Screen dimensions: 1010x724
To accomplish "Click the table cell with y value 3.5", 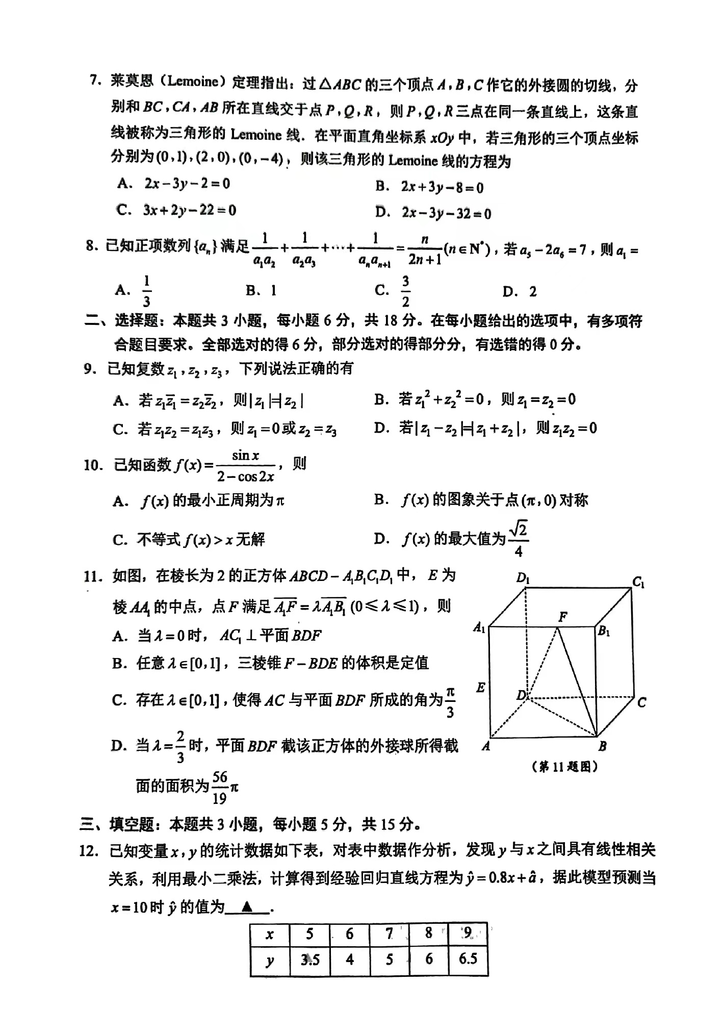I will point(310,959).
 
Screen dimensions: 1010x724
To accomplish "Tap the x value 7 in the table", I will point(389,933).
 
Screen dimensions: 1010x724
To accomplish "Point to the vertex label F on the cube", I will point(563,617).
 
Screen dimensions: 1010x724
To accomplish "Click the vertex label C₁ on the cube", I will point(638,582).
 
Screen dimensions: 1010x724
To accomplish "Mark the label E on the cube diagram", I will point(480,688).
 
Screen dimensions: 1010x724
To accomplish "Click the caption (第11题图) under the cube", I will point(564,766).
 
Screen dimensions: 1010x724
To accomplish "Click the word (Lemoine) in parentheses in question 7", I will point(192,81).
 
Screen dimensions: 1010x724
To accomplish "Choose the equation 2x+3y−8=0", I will point(442,188).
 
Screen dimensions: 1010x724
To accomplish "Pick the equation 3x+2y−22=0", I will point(190,210).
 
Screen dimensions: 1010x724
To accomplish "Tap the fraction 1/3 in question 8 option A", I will point(147,291).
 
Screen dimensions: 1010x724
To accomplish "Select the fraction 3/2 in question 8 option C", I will point(405,291).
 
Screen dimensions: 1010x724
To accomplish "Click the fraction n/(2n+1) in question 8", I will point(424,250).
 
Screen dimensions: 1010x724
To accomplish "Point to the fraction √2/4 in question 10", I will point(519,539).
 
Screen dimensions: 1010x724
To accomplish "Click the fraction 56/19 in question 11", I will point(220,788).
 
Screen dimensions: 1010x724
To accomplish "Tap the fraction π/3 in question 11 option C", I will point(450,702).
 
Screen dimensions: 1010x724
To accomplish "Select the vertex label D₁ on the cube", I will point(523,578).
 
